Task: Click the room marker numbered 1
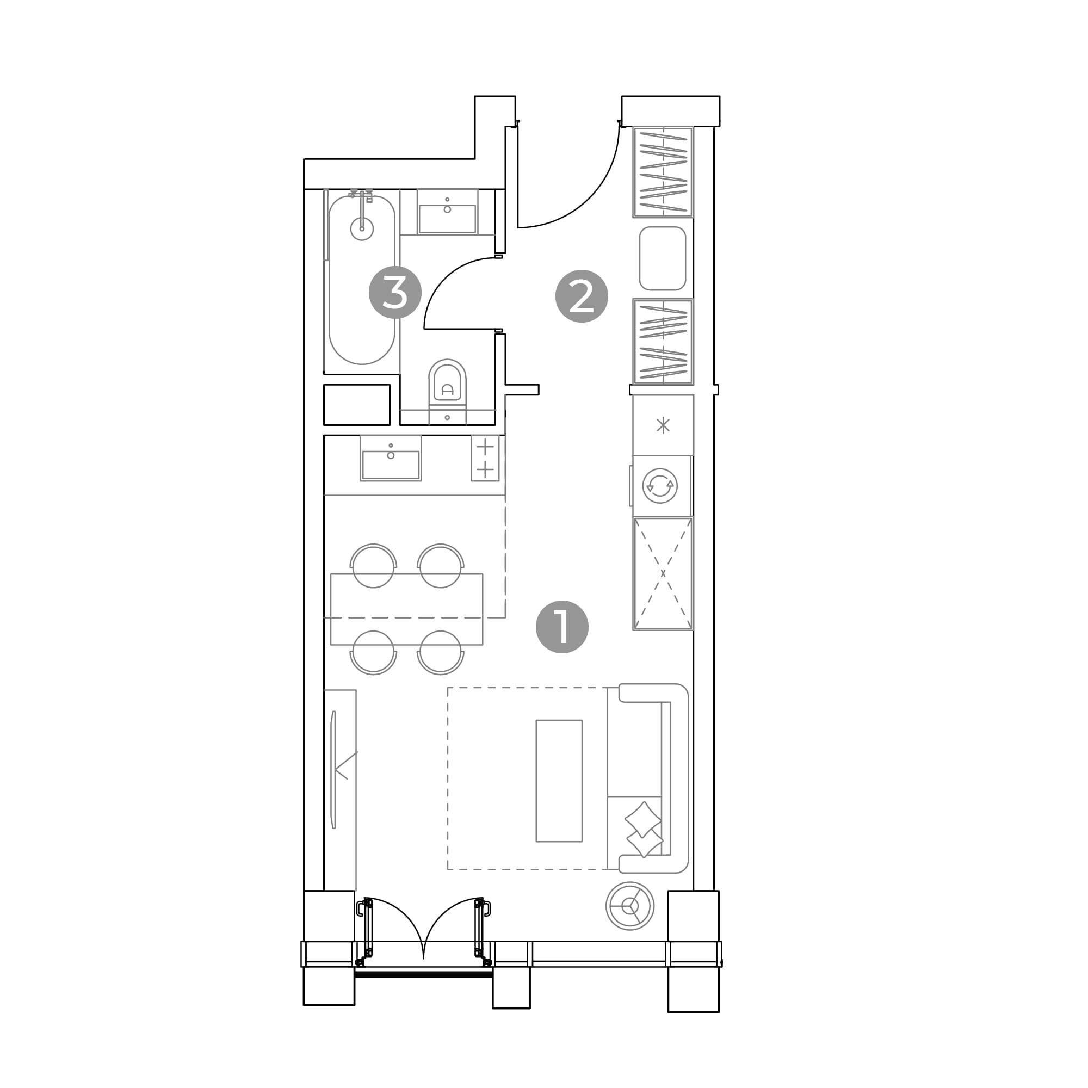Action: coord(562,627)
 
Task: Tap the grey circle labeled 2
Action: coord(582,296)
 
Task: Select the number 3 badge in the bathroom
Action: coord(395,292)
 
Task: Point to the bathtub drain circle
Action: coord(362,228)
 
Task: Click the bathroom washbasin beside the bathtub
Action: coord(447,212)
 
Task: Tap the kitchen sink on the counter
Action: coord(391,458)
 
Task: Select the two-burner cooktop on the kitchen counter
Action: coord(485,458)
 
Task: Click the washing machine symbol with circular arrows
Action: coord(660,485)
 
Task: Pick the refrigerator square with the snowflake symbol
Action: coord(663,425)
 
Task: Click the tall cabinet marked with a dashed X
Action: coord(663,573)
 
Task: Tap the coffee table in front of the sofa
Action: coord(559,781)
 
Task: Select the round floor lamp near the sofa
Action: coord(630,906)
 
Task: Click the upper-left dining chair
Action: coord(373,565)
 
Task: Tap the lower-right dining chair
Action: coord(441,653)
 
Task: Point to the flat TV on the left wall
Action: coord(333,769)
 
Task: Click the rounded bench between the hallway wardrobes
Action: coord(662,258)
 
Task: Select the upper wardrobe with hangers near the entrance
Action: coord(663,172)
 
